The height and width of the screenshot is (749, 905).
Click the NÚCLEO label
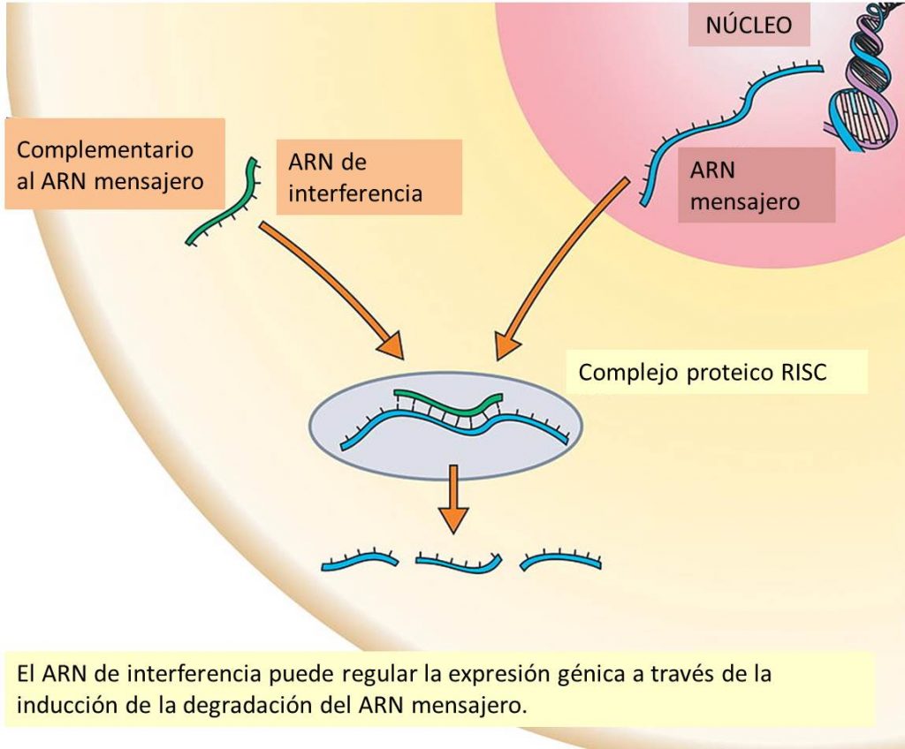[749, 26]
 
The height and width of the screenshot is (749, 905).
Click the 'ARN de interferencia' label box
[355, 177]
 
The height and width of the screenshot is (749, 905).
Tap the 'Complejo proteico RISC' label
[703, 372]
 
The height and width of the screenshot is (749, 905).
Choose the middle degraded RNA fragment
[459, 562]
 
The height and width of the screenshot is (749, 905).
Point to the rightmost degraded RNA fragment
[561, 560]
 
